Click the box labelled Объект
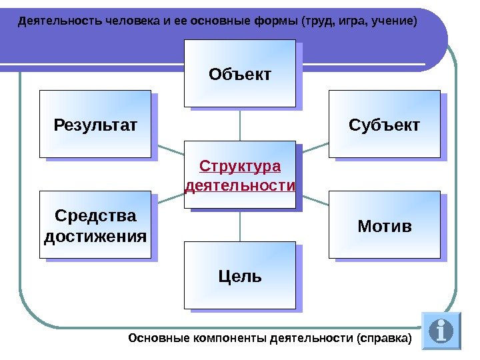click(240, 73)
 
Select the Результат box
click(95, 124)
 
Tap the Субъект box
click(385, 124)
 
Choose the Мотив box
click(385, 225)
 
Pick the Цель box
click(240, 275)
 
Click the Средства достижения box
click(95, 225)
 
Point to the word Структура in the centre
click(240, 165)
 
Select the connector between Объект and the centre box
click(240, 124)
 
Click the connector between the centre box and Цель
click(240, 225)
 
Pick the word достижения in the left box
click(95, 236)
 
